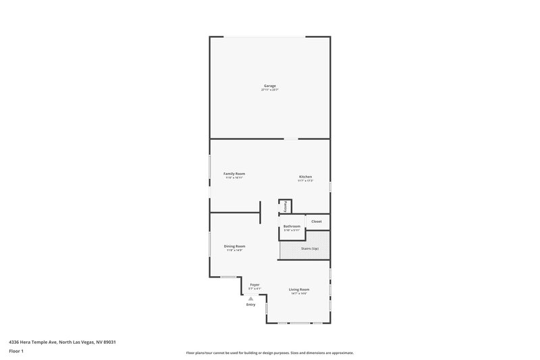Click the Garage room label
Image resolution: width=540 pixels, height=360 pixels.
coord(270,85)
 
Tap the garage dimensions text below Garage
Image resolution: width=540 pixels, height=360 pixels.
coord(270,90)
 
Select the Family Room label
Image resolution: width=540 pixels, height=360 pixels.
coord(234,174)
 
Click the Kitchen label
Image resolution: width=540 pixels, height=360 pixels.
coord(306,177)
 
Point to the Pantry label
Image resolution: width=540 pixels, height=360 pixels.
coord(286,206)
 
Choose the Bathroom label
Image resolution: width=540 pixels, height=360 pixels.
coord(292,226)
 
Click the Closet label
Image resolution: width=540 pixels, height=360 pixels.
coord(317,221)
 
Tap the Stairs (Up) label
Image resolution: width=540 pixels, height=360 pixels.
coord(310,249)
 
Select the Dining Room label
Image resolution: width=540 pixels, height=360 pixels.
coord(234,246)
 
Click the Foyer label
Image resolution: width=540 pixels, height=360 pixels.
coord(254,284)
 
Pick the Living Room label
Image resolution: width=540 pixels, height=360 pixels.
coord(299,289)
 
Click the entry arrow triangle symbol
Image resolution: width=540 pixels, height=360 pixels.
coord(251,298)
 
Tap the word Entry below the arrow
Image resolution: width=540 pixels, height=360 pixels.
coord(251,305)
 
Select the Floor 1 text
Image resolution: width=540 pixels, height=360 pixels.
coord(16,351)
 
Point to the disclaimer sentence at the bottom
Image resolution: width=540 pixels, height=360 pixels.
coord(269,353)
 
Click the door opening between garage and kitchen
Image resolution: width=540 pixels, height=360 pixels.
coord(290,139)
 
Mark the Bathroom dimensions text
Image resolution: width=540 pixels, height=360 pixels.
coord(292,230)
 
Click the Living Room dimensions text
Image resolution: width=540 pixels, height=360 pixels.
coord(299,294)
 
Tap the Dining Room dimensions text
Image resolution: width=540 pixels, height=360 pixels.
coord(234,251)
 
